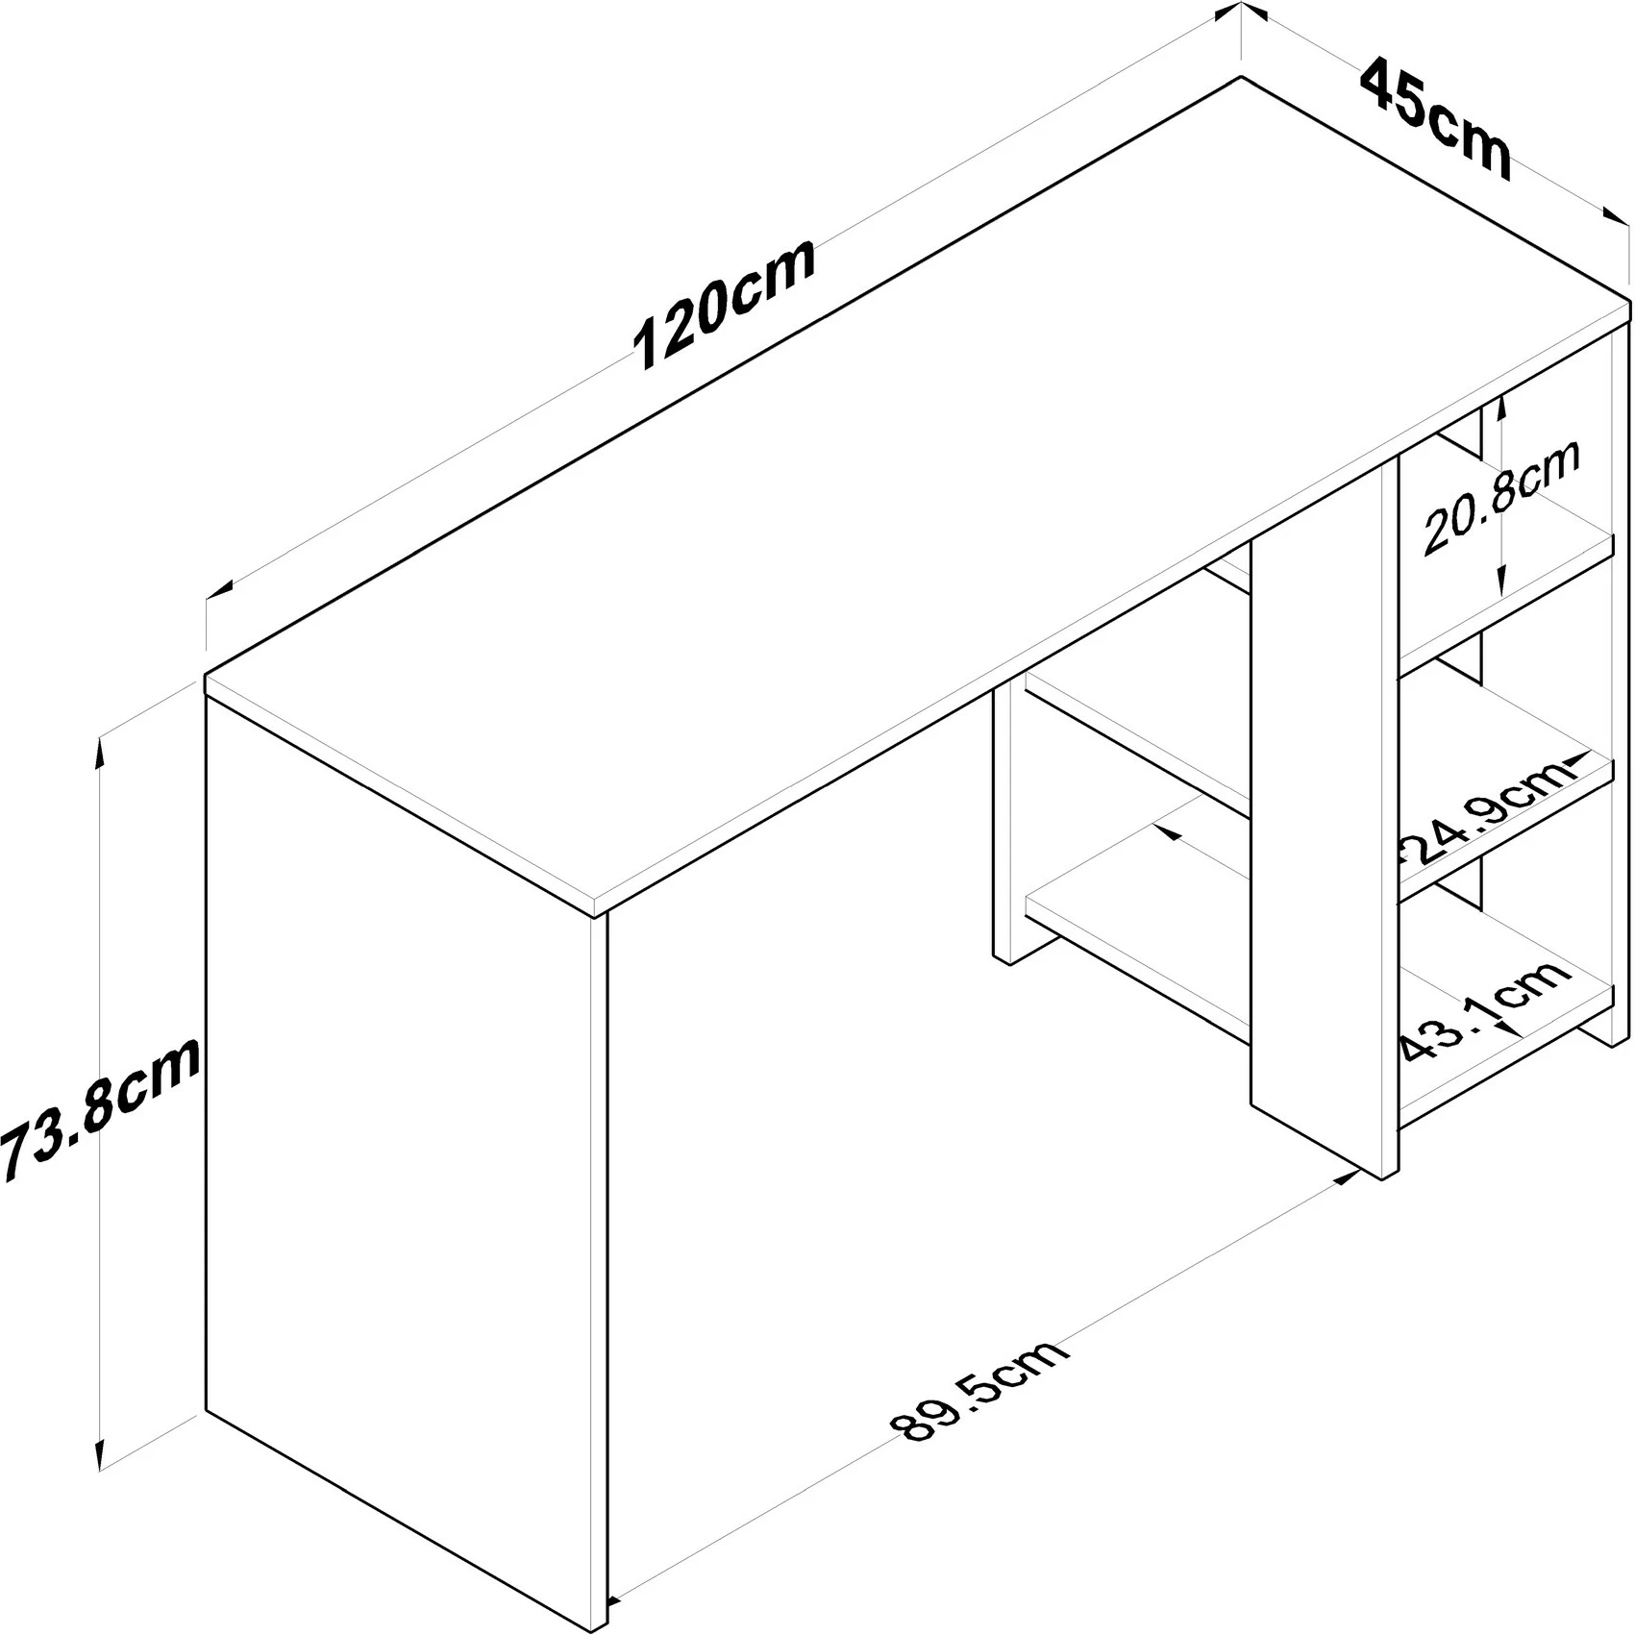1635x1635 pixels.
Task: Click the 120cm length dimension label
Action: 726,303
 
